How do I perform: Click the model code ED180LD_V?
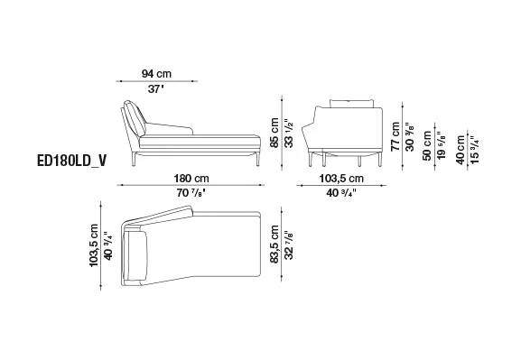pos(71,161)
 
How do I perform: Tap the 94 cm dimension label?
pos(156,74)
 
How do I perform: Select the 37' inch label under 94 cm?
pos(156,89)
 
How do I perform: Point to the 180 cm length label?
pos(191,179)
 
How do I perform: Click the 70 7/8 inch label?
pos(191,192)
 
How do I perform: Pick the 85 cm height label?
pos(274,133)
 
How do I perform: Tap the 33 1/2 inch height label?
pos(289,133)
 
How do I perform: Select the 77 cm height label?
pos(395,136)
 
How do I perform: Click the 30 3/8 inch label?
pos(410,137)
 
